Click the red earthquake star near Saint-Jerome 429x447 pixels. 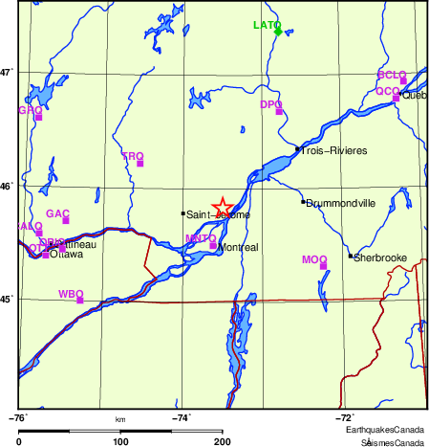[x=222, y=207]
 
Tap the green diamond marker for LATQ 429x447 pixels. [x=278, y=32]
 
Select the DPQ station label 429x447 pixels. [x=271, y=103]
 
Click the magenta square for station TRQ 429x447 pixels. [x=139, y=164]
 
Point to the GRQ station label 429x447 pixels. [x=31, y=110]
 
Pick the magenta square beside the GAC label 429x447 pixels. [x=66, y=221]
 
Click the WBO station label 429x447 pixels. [x=72, y=293]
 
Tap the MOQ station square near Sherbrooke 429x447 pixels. [x=324, y=266]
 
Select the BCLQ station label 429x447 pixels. [x=392, y=75]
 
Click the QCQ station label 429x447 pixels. [x=386, y=91]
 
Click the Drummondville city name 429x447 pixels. [x=341, y=203]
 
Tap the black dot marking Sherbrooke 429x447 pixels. [x=351, y=257]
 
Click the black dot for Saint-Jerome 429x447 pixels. [x=182, y=213]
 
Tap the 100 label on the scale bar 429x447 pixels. [x=120, y=441]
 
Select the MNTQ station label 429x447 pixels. [x=201, y=237]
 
